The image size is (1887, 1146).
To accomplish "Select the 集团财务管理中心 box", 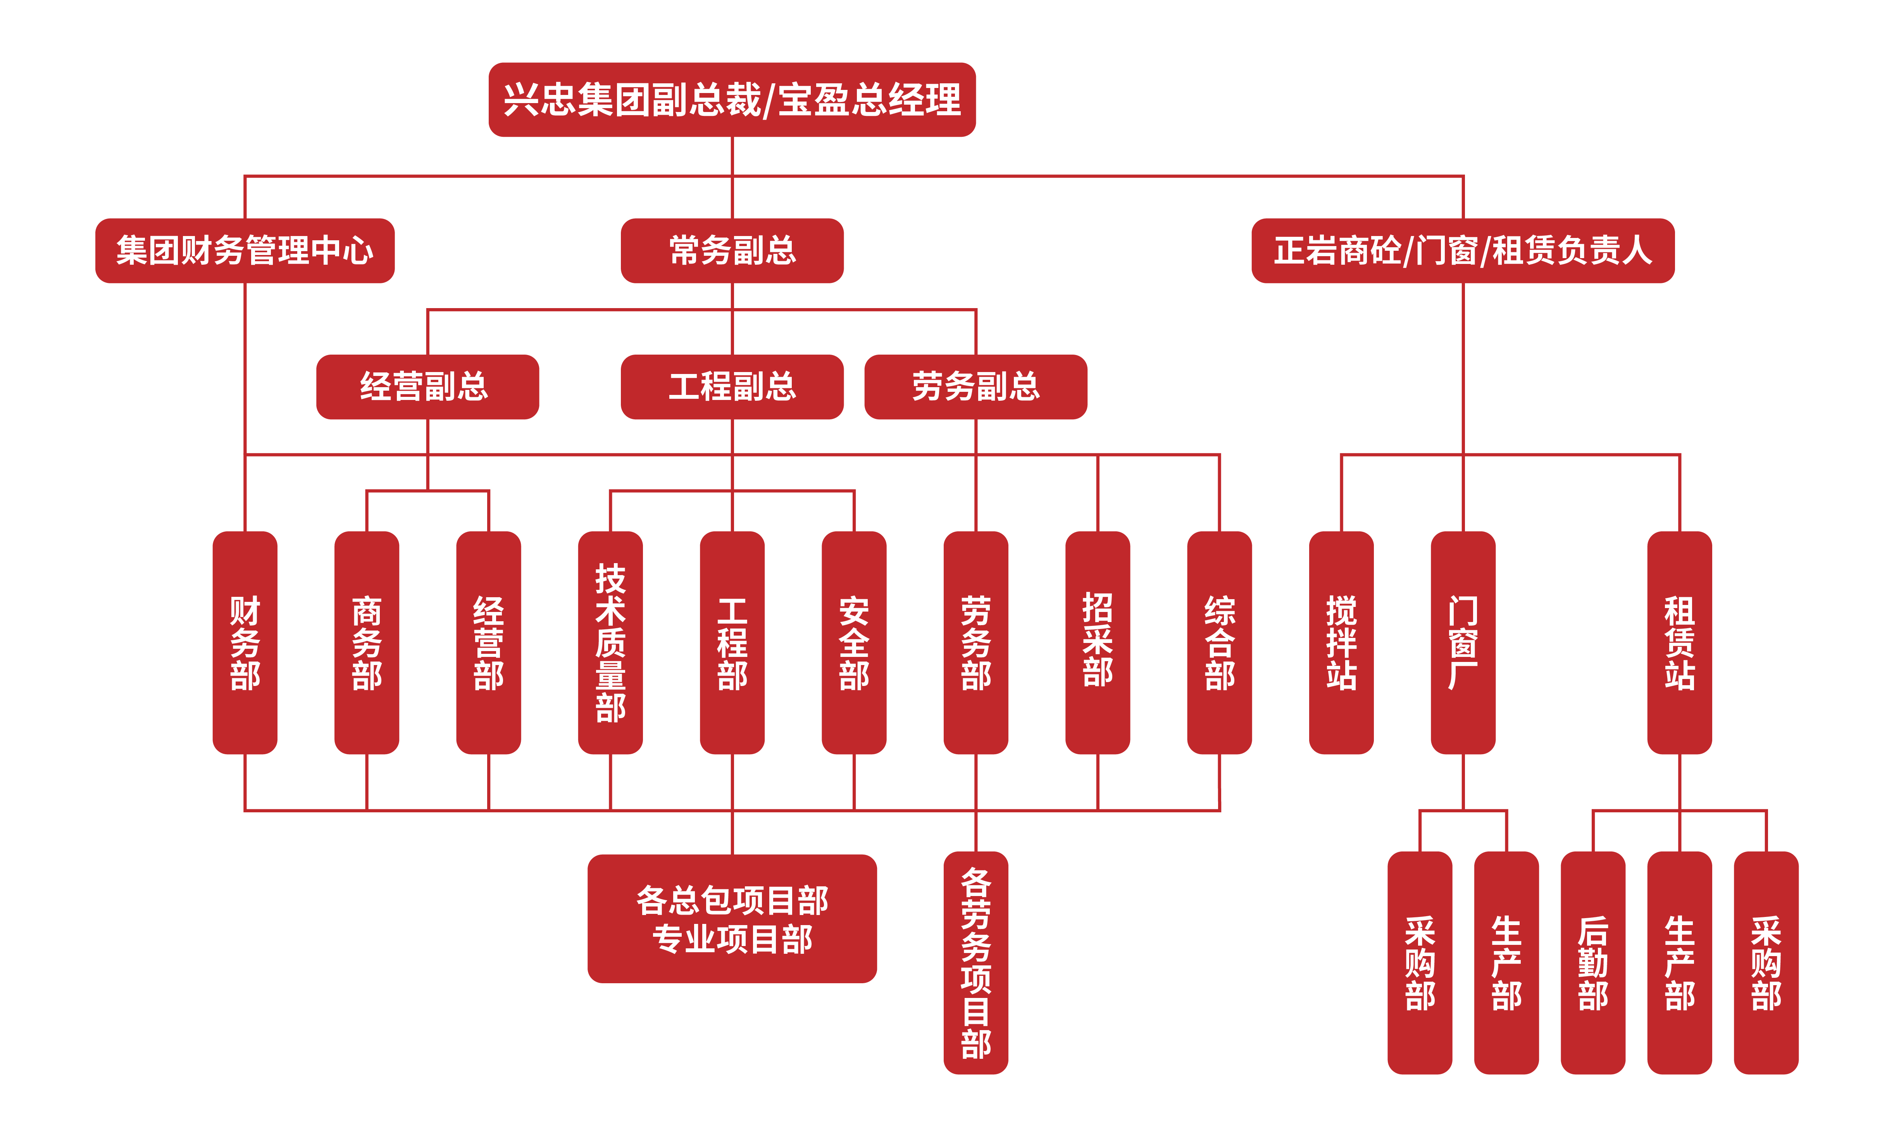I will tap(244, 250).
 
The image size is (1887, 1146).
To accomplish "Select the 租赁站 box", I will tap(1679, 642).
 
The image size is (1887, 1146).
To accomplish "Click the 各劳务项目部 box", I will tap(975, 962).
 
